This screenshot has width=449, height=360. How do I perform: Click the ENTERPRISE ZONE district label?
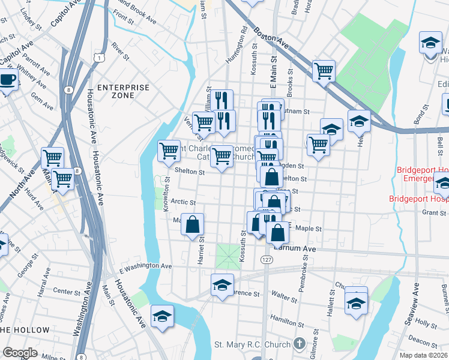pyautogui.click(x=123, y=91)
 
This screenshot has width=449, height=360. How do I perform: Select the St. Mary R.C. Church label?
pyautogui.click(x=253, y=344)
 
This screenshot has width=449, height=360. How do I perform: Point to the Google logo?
pyautogui.click(x=20, y=352)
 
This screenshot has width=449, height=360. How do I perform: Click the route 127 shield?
pyautogui.click(x=267, y=258)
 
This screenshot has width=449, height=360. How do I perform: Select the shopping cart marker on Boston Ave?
pyautogui.click(x=324, y=71)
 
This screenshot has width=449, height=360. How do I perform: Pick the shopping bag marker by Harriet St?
pyautogui.click(x=193, y=226)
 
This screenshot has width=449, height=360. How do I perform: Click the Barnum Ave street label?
pyautogui.click(x=295, y=247)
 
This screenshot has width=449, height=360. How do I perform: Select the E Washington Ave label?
pyautogui.click(x=145, y=266)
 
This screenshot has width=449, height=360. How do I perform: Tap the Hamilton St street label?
pyautogui.click(x=285, y=320)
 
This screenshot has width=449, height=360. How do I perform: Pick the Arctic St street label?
pyautogui.click(x=184, y=203)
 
